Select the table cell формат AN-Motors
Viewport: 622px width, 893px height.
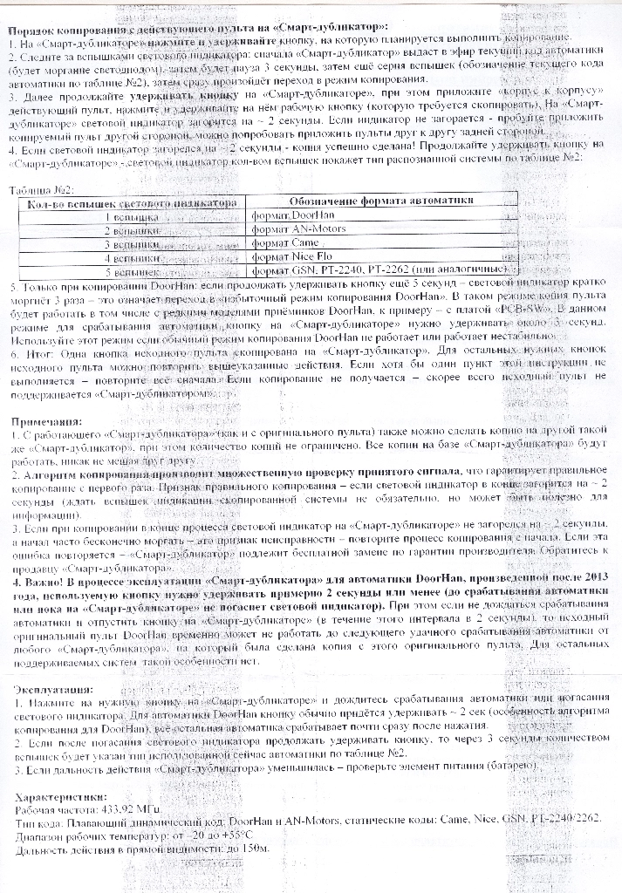click(x=297, y=228)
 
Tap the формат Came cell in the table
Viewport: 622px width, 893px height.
click(x=284, y=242)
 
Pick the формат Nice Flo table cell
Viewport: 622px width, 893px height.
click(x=291, y=257)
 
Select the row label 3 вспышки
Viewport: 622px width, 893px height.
click(x=132, y=244)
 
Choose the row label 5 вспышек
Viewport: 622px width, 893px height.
click(x=132, y=272)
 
